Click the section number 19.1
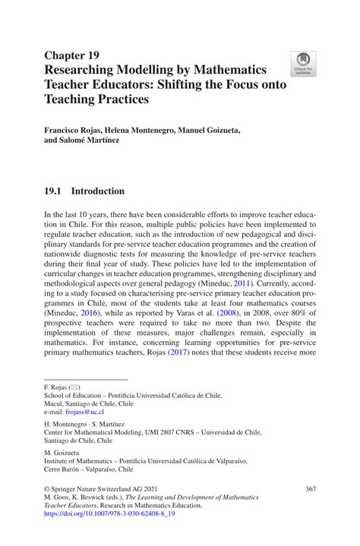pos(55,191)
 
